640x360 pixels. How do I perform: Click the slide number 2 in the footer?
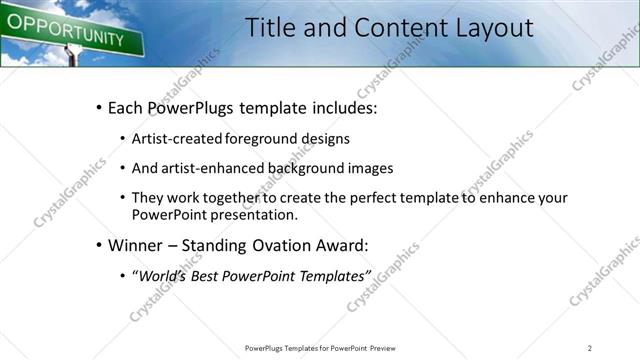click(x=590, y=347)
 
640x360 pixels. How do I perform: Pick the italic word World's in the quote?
click(x=162, y=275)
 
